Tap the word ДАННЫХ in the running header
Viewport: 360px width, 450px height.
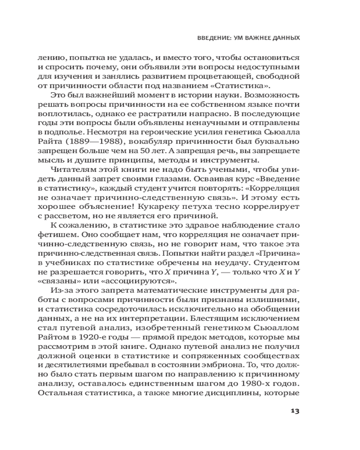(x=285, y=38)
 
